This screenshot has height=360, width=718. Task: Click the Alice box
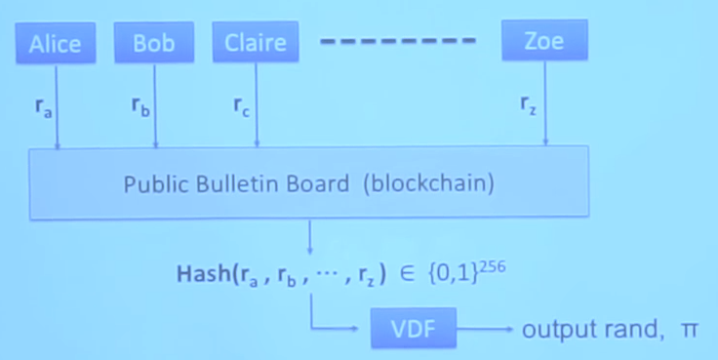55,44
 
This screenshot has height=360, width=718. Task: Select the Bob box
154,44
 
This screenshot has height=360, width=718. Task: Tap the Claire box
256,44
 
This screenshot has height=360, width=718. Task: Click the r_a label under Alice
42,108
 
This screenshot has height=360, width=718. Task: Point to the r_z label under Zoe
528,104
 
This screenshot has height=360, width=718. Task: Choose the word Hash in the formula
199,275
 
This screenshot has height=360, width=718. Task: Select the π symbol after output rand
689,330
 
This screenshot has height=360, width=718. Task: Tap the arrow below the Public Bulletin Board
310,237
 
